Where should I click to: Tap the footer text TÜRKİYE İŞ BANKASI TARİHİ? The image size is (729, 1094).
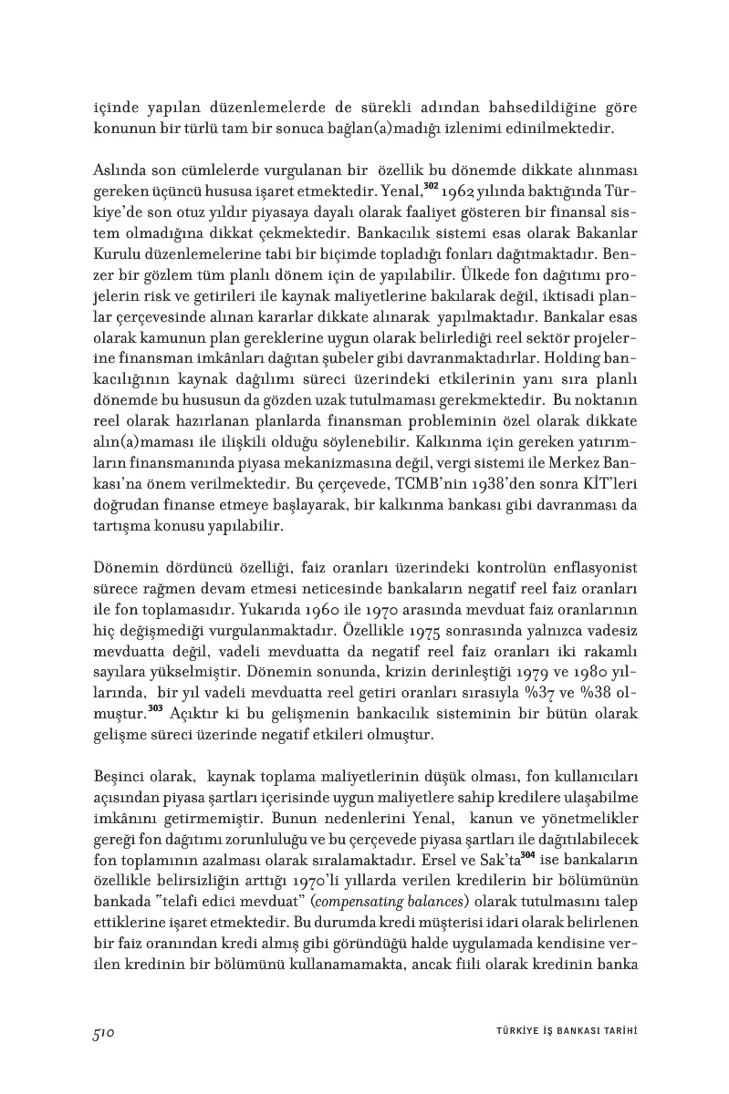click(x=559, y=1032)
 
